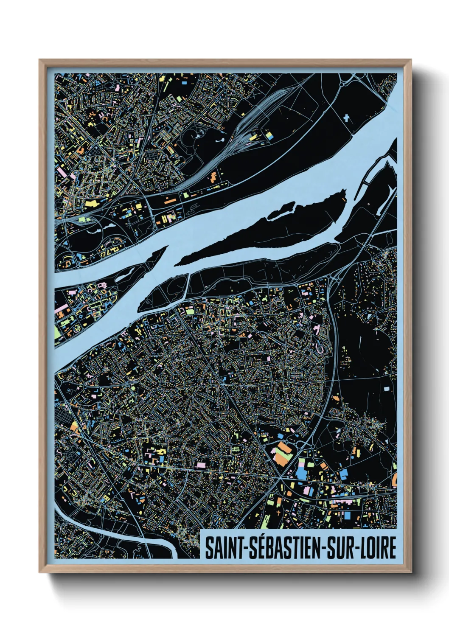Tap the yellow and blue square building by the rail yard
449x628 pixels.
pos(269,135)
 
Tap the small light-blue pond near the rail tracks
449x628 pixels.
pos(221,139)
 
